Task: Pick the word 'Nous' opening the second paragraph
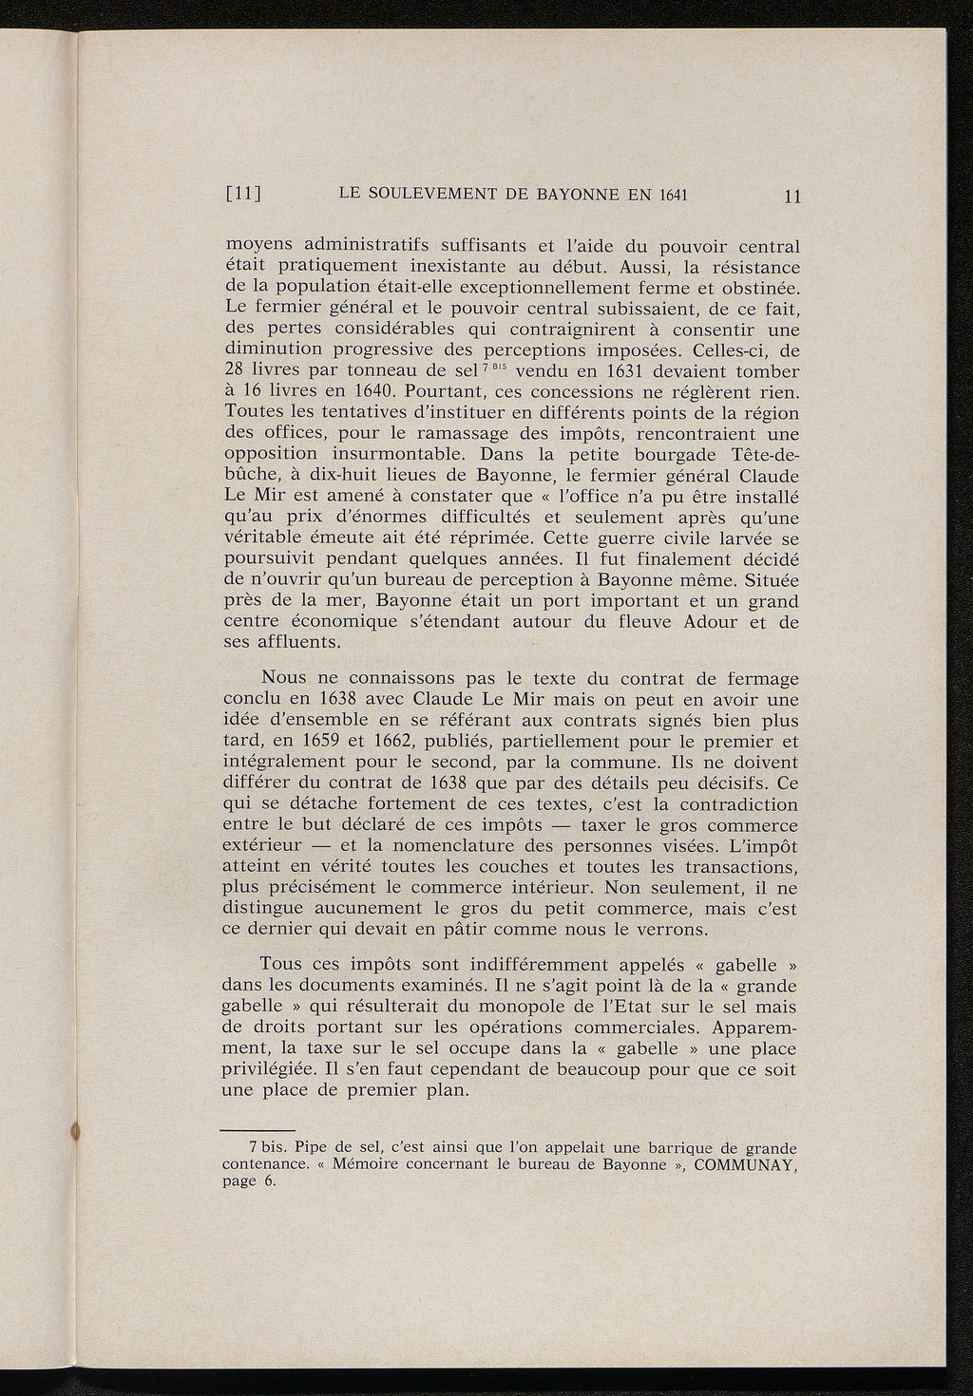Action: point(283,680)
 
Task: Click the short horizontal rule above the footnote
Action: point(244,1131)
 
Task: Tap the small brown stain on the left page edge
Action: point(75,1131)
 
